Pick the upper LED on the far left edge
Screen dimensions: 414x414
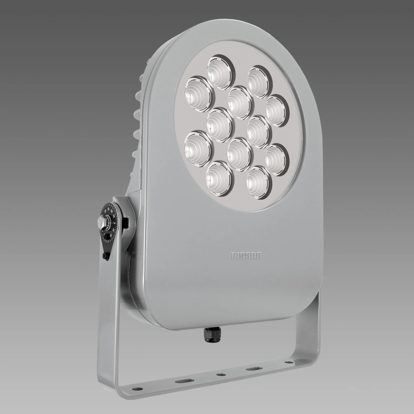coord(199,91)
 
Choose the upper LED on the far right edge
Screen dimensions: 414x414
coord(277,109)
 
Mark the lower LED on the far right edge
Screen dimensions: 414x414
coord(275,158)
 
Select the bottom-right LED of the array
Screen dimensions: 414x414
coord(257,180)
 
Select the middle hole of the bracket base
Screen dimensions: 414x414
coord(221,374)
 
